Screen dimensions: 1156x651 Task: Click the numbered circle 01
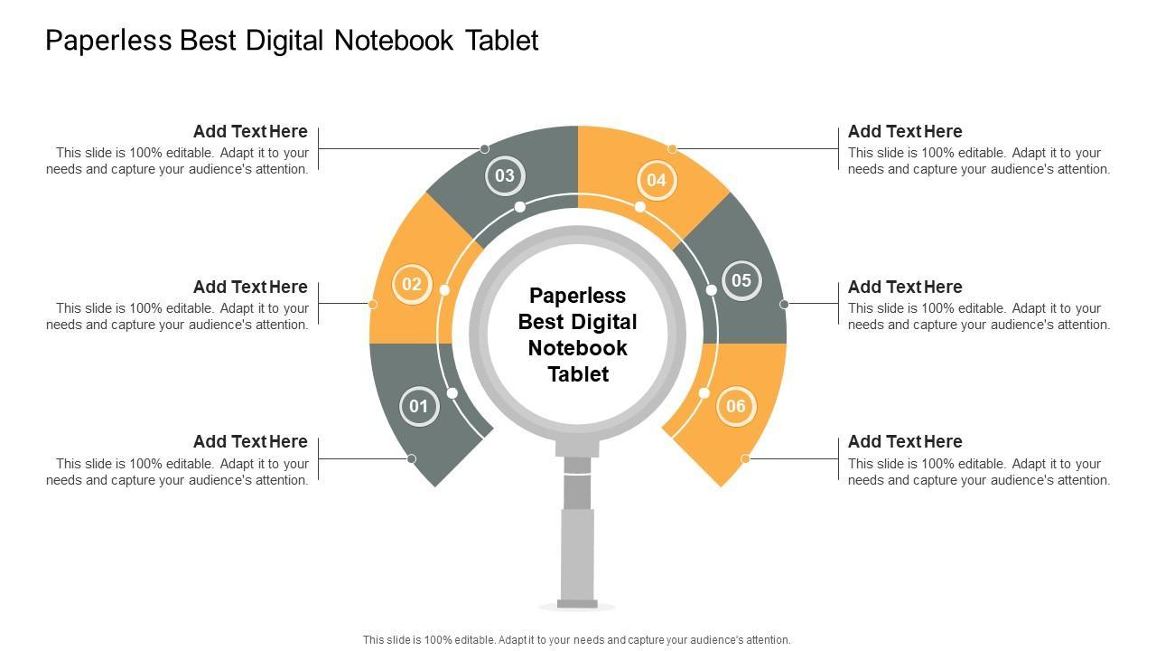419,407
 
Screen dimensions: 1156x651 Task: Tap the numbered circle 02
412,284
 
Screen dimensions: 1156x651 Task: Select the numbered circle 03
505,175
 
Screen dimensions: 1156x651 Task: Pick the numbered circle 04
657,180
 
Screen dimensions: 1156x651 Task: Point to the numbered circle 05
741,280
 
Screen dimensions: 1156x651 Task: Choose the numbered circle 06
736,406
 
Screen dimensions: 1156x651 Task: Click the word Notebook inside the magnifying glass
577,348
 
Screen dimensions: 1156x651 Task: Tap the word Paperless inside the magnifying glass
577,296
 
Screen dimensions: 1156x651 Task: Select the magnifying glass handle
577,527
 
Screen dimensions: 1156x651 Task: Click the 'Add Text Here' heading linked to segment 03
250,132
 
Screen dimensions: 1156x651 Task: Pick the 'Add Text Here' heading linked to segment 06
905,442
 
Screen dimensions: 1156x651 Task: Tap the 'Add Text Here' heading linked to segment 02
250,287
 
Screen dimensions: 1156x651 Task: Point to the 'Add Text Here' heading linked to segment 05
905,287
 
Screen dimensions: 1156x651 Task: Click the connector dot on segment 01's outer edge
411,458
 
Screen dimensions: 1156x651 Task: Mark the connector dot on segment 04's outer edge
672,149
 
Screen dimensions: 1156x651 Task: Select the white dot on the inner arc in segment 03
519,207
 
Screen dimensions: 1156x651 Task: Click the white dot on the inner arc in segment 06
704,393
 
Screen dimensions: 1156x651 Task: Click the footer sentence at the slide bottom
576,640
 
